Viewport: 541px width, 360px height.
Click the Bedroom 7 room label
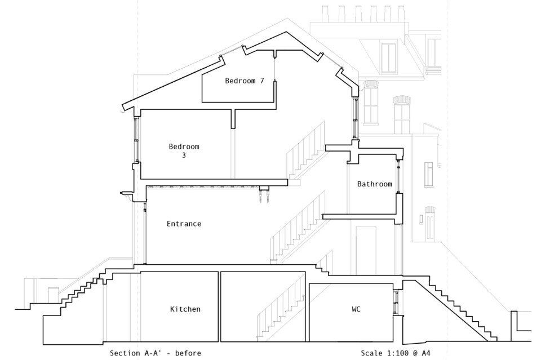pos(244,81)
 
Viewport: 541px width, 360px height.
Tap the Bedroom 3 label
pos(184,150)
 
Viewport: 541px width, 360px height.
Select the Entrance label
pos(184,224)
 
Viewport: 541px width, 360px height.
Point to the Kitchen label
pos(185,309)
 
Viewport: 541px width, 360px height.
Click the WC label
pos(356,309)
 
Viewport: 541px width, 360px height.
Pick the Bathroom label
pos(375,184)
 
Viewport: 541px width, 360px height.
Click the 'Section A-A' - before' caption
pos(156,353)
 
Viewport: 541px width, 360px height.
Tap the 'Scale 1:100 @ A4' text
pos(396,353)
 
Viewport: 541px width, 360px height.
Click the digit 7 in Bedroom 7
pos(262,81)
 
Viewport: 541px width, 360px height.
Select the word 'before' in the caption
pos(188,353)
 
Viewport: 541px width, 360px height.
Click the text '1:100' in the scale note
pos(397,353)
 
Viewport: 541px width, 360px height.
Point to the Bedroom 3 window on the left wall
pos(136,140)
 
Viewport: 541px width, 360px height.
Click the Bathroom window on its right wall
pos(398,176)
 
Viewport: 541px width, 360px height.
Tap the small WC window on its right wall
pos(397,303)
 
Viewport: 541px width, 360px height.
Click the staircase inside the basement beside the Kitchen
pos(280,309)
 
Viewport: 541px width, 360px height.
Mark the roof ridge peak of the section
pos(286,32)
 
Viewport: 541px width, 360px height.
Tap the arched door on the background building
pos(429,224)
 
